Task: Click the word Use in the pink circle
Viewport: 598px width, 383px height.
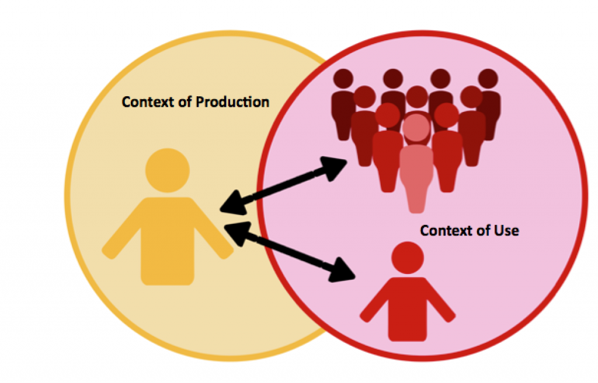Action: (x=506, y=230)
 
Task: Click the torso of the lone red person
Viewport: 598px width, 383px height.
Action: (x=408, y=306)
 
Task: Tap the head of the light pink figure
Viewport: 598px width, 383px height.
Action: (x=416, y=128)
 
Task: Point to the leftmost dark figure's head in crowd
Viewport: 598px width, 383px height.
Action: (x=343, y=79)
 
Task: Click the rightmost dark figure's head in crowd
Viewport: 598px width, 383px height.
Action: (x=487, y=79)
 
